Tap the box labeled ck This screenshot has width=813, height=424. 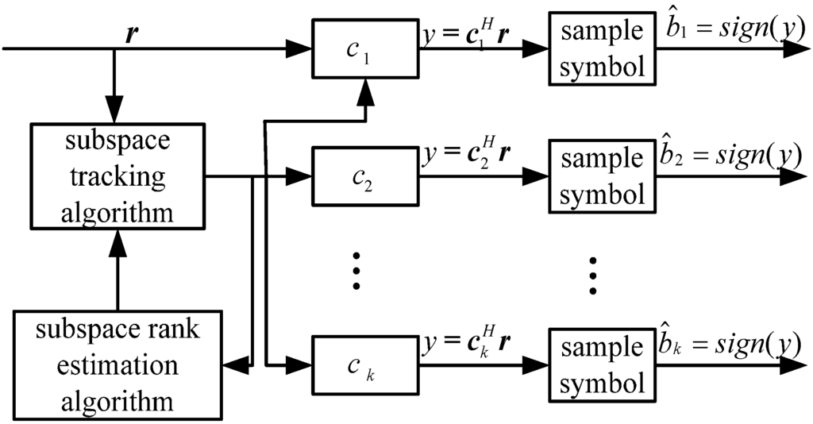[x=365, y=366]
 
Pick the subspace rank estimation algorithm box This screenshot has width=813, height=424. [x=117, y=366]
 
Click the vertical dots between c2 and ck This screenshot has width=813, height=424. [x=357, y=271]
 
